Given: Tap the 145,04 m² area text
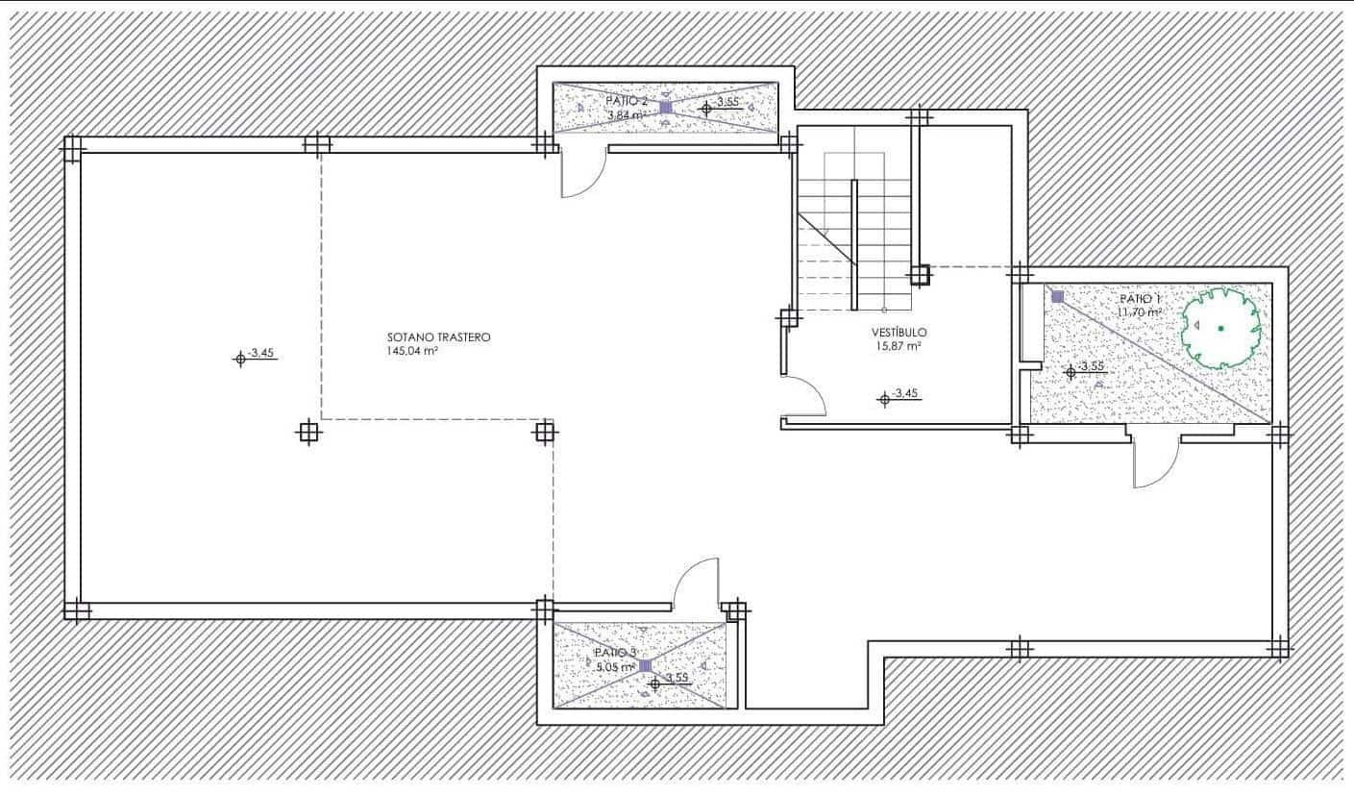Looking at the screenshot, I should (x=413, y=352).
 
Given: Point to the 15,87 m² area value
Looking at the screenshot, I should (x=898, y=346).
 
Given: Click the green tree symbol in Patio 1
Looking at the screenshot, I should (x=1220, y=328).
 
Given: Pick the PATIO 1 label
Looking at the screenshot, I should (x=1141, y=299).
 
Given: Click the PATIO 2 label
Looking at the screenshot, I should (x=627, y=101).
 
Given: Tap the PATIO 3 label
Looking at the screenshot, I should (x=615, y=652).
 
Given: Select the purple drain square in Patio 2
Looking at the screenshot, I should (x=666, y=108).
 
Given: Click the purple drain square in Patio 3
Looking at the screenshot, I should (x=645, y=665).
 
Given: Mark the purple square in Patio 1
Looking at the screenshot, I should (x=1057, y=297).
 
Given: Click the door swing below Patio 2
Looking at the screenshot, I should (x=581, y=175).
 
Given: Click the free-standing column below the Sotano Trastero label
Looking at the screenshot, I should (x=308, y=432).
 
